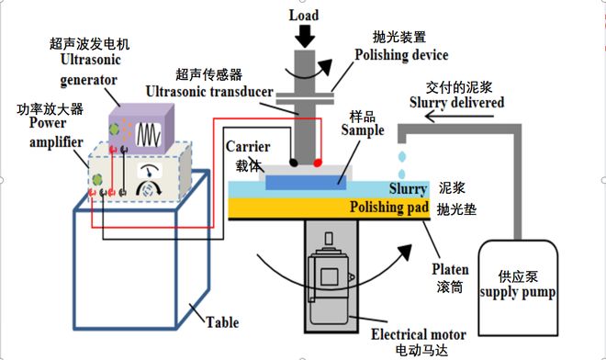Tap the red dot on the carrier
(318, 162)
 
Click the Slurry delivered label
(455, 103)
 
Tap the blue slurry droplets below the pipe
(402, 165)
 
